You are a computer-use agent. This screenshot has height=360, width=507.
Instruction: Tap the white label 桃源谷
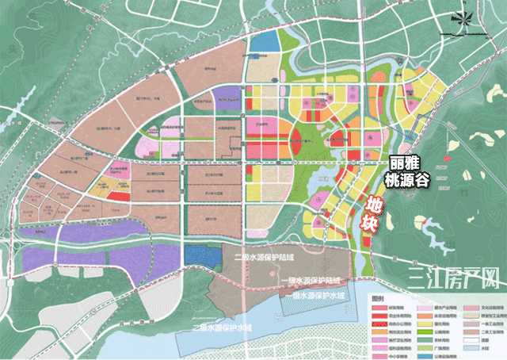pyautogui.click(x=409, y=181)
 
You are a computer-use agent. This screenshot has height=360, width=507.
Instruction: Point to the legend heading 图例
pyautogui.click(x=377, y=299)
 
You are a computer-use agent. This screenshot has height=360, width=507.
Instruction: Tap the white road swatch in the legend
pyautogui.click(x=471, y=340)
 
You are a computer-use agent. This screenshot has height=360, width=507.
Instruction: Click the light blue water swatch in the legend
pyautogui.click(x=471, y=348)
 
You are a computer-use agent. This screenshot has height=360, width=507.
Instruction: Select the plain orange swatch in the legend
pyautogui.click(x=379, y=331)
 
